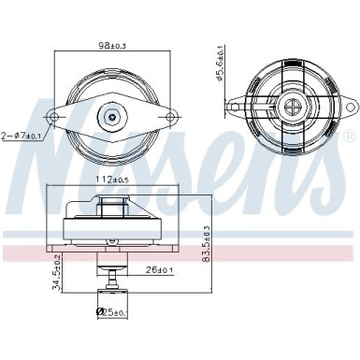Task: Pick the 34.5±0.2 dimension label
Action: (x=56, y=272)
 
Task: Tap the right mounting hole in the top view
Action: (x=171, y=118)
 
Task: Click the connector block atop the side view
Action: (x=112, y=203)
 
